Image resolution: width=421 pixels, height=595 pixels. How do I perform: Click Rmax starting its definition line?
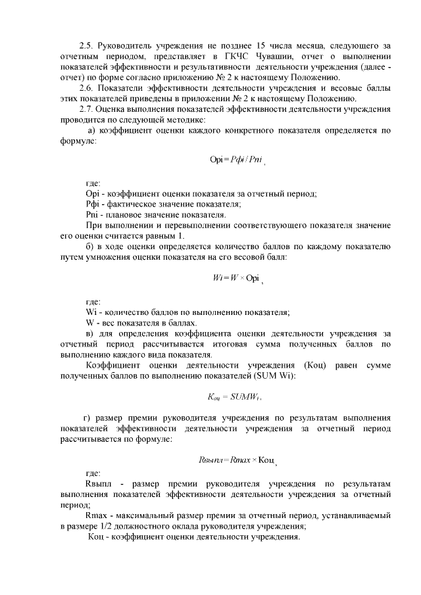coord(97,515)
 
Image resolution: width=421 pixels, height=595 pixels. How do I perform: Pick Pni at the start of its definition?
coord(92,214)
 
